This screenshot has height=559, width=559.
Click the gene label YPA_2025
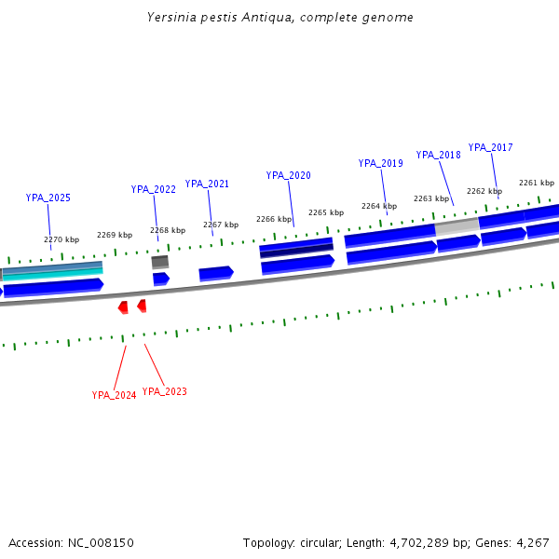tap(48, 198)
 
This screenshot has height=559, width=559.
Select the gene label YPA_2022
tap(154, 189)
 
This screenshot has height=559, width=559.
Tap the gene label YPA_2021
tap(207, 184)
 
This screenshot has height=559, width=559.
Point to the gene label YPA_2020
tap(288, 175)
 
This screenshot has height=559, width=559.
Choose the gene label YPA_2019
tap(380, 163)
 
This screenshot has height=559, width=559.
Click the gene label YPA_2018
tap(438, 155)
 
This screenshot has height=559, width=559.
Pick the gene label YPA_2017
tap(490, 147)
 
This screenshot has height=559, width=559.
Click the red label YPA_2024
tap(114, 395)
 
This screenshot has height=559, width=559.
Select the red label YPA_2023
tap(165, 391)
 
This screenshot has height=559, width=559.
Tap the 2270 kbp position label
tap(61, 239)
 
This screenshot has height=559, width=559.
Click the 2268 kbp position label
tap(168, 230)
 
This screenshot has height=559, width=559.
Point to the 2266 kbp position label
tap(274, 219)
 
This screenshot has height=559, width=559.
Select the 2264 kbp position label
tap(379, 206)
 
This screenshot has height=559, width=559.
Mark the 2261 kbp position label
tap(537, 183)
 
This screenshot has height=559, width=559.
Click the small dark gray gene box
tap(160, 262)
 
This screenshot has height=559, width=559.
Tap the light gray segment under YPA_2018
tap(457, 225)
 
